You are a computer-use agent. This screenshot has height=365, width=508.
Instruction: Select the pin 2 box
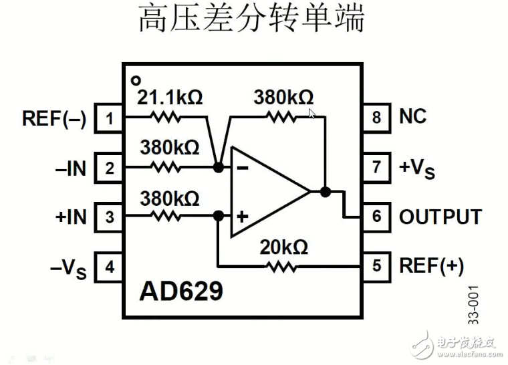pos(109,168)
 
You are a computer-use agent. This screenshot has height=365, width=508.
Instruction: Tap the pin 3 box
pos(109,217)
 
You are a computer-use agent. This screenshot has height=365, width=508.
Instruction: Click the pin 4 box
pos(109,267)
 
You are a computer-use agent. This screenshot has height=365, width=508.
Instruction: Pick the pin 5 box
pos(376,266)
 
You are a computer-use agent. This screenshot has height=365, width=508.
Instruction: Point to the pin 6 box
pos(376,217)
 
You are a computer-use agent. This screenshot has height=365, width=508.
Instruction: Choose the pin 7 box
pos(376,167)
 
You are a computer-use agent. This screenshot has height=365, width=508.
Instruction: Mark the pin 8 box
pos(376,118)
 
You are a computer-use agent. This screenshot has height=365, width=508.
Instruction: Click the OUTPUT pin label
pos(440,217)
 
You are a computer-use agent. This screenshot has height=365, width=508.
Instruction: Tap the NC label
pos(412,117)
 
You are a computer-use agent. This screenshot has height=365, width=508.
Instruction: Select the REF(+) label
pos(430,266)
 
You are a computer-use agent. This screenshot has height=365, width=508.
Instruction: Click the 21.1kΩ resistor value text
pos(170,98)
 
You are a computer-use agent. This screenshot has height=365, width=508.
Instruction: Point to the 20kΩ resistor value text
pos(283,247)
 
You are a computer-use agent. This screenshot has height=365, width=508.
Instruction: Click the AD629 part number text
pos(180,291)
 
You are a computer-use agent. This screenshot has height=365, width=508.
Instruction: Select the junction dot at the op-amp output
pos(326,192)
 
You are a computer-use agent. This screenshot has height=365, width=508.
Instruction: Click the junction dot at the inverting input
pos(218,167)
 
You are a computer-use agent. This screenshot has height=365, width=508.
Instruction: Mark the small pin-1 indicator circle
pos(136,80)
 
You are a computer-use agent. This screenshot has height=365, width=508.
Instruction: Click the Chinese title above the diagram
pos(252,19)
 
